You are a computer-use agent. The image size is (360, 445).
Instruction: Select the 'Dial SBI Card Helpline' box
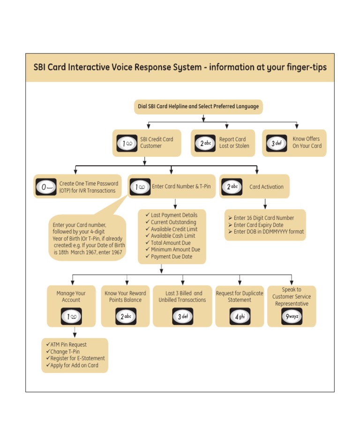(x=198, y=106)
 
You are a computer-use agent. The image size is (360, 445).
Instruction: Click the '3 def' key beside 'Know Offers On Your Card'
(x=277, y=143)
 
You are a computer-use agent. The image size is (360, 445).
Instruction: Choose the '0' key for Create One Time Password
(x=46, y=187)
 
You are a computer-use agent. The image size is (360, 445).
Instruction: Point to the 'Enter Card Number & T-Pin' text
(x=181, y=187)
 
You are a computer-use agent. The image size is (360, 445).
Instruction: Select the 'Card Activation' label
(x=266, y=187)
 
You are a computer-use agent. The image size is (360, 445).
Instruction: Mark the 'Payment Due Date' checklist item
(x=172, y=256)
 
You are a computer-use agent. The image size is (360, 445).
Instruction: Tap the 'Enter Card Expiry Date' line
(x=258, y=225)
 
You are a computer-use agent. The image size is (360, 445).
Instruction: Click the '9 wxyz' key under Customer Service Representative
(x=292, y=317)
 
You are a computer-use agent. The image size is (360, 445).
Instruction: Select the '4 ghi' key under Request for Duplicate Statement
(x=240, y=317)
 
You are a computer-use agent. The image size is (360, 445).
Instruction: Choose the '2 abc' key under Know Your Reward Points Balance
(x=126, y=317)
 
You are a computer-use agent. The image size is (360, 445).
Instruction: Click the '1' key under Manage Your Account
(x=71, y=317)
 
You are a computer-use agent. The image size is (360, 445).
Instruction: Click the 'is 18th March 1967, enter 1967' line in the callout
(x=88, y=252)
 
